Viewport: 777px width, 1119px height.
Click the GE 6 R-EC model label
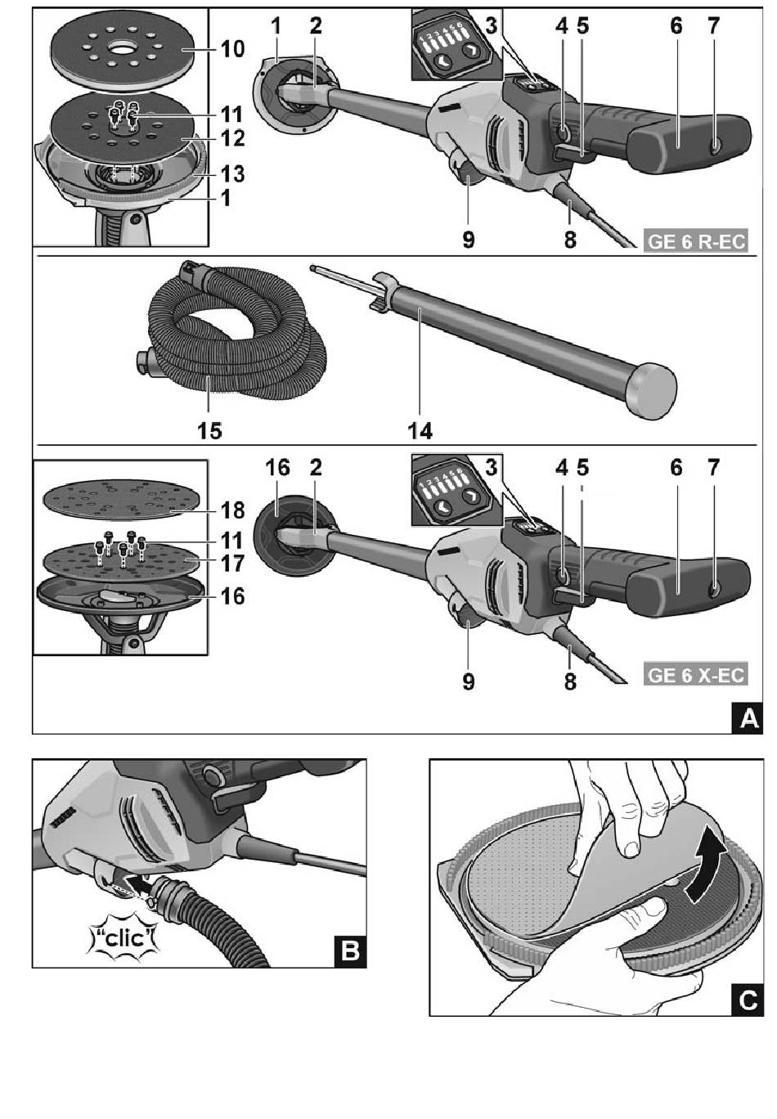click(x=696, y=243)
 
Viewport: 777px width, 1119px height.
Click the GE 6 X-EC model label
click(x=696, y=676)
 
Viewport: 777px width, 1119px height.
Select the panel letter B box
click(x=350, y=950)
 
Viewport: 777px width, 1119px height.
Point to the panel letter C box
click(x=748, y=999)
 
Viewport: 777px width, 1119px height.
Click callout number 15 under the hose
click(x=209, y=429)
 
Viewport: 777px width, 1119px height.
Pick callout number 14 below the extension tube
click(x=420, y=429)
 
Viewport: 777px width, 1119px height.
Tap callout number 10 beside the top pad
click(x=231, y=50)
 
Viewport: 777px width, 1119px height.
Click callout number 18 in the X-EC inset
click(x=232, y=510)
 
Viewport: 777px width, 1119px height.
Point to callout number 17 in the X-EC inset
click(x=232, y=564)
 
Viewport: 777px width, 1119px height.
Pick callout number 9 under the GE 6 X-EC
click(x=468, y=681)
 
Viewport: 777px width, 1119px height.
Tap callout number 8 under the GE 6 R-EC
click(x=570, y=240)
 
